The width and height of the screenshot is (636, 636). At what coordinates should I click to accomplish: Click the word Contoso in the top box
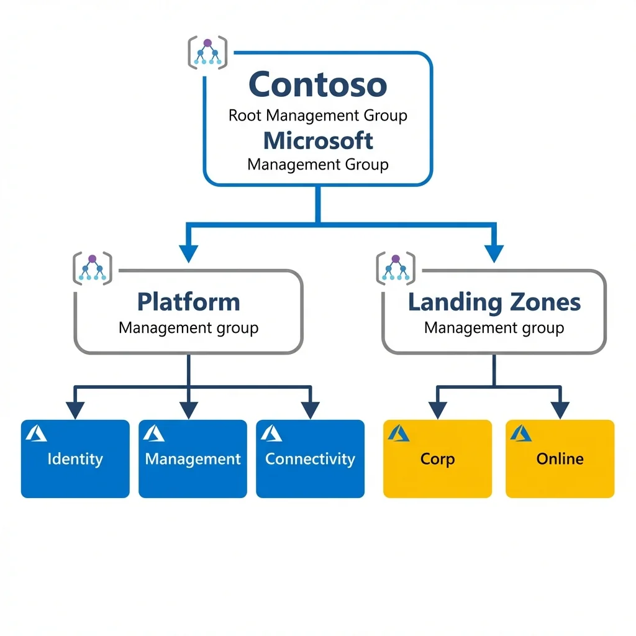[x=317, y=84]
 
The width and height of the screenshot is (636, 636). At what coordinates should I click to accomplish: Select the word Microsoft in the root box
[x=318, y=140]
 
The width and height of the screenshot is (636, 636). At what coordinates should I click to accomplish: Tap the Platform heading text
[x=188, y=302]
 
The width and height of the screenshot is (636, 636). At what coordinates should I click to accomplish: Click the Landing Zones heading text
[x=494, y=302]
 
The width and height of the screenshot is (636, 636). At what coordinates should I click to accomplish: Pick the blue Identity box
[x=75, y=459]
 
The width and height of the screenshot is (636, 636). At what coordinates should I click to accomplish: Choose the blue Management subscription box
[x=193, y=459]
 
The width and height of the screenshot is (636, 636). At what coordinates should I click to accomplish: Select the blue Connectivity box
[x=310, y=459]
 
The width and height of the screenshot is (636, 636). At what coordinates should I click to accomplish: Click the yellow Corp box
[x=437, y=459]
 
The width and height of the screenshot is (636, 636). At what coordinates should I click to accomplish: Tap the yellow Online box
[x=560, y=459]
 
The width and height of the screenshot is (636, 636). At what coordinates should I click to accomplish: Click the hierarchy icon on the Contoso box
[x=207, y=52]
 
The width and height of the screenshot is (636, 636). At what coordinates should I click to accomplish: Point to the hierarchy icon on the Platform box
[x=93, y=267]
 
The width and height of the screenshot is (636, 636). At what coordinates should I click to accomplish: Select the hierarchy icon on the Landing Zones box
[x=396, y=267]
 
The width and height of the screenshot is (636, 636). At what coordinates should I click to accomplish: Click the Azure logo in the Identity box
[x=37, y=433]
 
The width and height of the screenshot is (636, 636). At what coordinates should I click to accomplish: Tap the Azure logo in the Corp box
[x=399, y=433]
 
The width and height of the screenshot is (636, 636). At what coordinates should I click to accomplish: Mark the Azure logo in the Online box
[x=521, y=433]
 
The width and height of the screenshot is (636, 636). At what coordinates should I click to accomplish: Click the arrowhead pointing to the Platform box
[x=188, y=253]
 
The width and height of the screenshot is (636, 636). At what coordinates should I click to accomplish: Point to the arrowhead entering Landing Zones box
[x=494, y=253]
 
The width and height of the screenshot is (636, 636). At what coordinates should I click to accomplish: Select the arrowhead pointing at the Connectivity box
[x=310, y=410]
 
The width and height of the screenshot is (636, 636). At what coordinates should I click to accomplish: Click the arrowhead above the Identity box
[x=75, y=410]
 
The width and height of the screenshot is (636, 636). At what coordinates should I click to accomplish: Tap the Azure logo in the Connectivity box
[x=271, y=433]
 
